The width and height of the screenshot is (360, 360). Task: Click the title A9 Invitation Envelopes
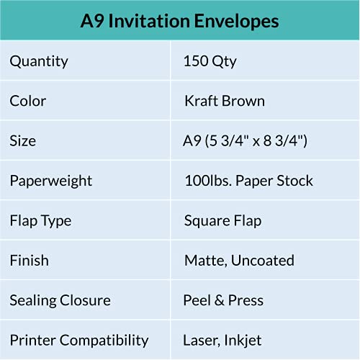(x=179, y=21)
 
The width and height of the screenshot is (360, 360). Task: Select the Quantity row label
(x=40, y=61)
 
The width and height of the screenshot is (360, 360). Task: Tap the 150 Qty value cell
(x=210, y=61)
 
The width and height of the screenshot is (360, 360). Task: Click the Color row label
(x=28, y=101)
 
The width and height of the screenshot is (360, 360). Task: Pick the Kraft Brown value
(x=225, y=101)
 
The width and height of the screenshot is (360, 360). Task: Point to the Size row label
(x=24, y=140)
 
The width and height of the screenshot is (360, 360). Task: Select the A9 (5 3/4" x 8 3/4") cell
(x=246, y=140)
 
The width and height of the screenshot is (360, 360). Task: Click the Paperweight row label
(x=51, y=180)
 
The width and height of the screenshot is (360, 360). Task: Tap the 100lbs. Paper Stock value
(x=249, y=180)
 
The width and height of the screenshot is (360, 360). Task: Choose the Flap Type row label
(x=40, y=220)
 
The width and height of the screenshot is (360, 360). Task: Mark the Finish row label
(x=30, y=260)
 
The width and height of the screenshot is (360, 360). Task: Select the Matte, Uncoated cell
(x=239, y=260)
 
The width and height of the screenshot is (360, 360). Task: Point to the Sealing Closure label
(x=60, y=300)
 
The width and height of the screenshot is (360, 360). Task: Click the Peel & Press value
(x=224, y=300)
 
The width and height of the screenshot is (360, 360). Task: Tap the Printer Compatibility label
(x=79, y=340)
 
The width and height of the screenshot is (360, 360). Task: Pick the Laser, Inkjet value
(x=223, y=340)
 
